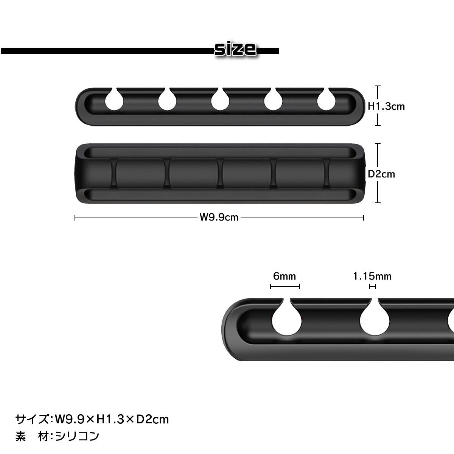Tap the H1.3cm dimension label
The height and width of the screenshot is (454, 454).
tap(386, 106)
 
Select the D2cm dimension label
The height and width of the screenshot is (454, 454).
tap(381, 174)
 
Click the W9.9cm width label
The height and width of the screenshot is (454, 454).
tap(219, 217)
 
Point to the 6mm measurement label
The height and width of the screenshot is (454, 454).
tap(285, 276)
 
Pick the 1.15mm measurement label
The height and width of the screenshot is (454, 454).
tap(372, 276)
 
